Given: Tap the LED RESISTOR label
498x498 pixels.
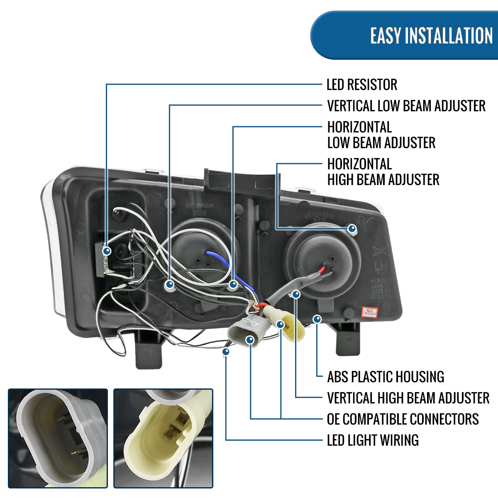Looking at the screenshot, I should coord(361,85).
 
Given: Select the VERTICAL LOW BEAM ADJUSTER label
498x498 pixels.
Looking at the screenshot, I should coord(406,106).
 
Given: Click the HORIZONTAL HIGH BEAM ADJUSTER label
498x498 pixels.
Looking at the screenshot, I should coord(383,172).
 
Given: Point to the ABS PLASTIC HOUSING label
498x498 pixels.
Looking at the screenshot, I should coord(385,377).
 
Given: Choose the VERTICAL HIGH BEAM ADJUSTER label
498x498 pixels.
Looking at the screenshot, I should coord(408,398).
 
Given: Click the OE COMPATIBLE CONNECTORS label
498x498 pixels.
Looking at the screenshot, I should coord(403,419).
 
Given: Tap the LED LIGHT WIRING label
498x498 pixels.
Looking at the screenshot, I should coord(373,440).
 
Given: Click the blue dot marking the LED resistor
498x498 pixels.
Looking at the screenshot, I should coord(107,251).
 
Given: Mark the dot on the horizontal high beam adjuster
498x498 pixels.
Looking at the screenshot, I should coord(352,229).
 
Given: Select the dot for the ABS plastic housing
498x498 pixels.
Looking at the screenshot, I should coord(317,319).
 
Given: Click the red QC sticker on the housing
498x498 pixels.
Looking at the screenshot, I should coord(369,312).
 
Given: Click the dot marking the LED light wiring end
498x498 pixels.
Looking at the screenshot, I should coord(226,352).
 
